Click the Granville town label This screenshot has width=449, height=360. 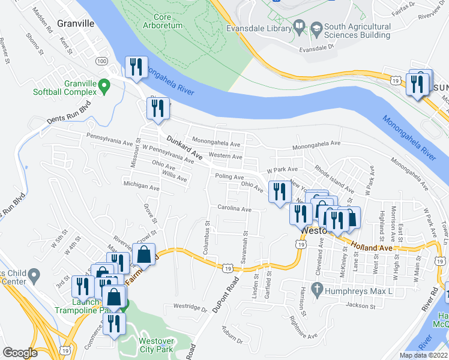tap(76, 23)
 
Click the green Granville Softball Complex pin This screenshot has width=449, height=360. tap(104, 87)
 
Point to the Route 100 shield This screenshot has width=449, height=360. tap(102, 61)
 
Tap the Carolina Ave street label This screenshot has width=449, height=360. tap(235, 209)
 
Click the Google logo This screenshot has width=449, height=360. tap(20, 353)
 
